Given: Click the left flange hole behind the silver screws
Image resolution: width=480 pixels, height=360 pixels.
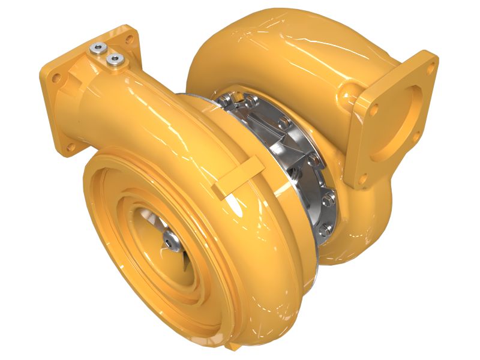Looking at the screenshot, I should pyautogui.click(x=128, y=36).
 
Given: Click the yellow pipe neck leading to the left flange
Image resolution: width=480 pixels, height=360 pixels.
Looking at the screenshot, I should pyautogui.click(x=138, y=102).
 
